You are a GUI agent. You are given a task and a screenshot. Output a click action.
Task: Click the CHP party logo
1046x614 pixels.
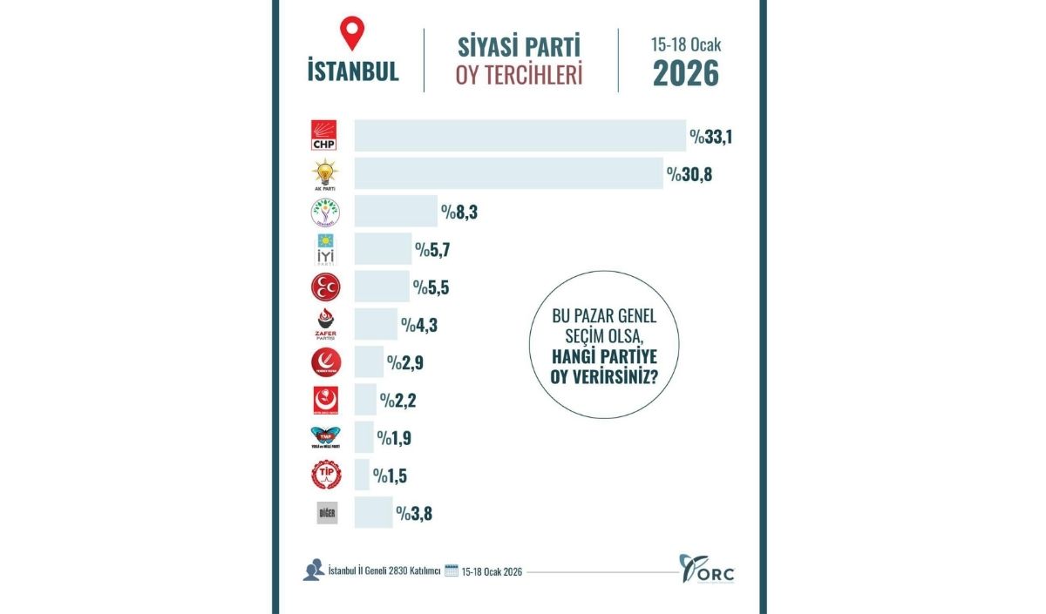(x=324, y=136)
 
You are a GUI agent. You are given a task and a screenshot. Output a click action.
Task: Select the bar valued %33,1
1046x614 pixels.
(x=520, y=136)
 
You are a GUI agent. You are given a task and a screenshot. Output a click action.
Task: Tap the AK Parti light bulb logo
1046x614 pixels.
(x=324, y=173)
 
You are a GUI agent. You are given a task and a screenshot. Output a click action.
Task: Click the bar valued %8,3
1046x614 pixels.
(x=396, y=211)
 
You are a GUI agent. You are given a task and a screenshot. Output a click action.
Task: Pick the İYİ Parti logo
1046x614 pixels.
(x=324, y=249)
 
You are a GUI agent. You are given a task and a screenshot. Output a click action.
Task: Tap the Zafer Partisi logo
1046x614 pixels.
(x=325, y=324)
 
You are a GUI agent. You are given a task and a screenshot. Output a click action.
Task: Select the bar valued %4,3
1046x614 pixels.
(x=376, y=324)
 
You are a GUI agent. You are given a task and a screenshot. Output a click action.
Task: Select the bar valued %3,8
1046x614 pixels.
(x=373, y=513)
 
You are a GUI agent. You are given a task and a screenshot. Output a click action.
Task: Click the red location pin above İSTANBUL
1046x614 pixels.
(x=352, y=34)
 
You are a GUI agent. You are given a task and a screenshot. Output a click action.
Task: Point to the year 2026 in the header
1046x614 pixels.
(x=686, y=74)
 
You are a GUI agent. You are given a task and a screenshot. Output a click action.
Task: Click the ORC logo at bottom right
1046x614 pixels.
(x=707, y=570)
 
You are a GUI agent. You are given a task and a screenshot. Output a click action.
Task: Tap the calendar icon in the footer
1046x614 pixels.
(x=452, y=571)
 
